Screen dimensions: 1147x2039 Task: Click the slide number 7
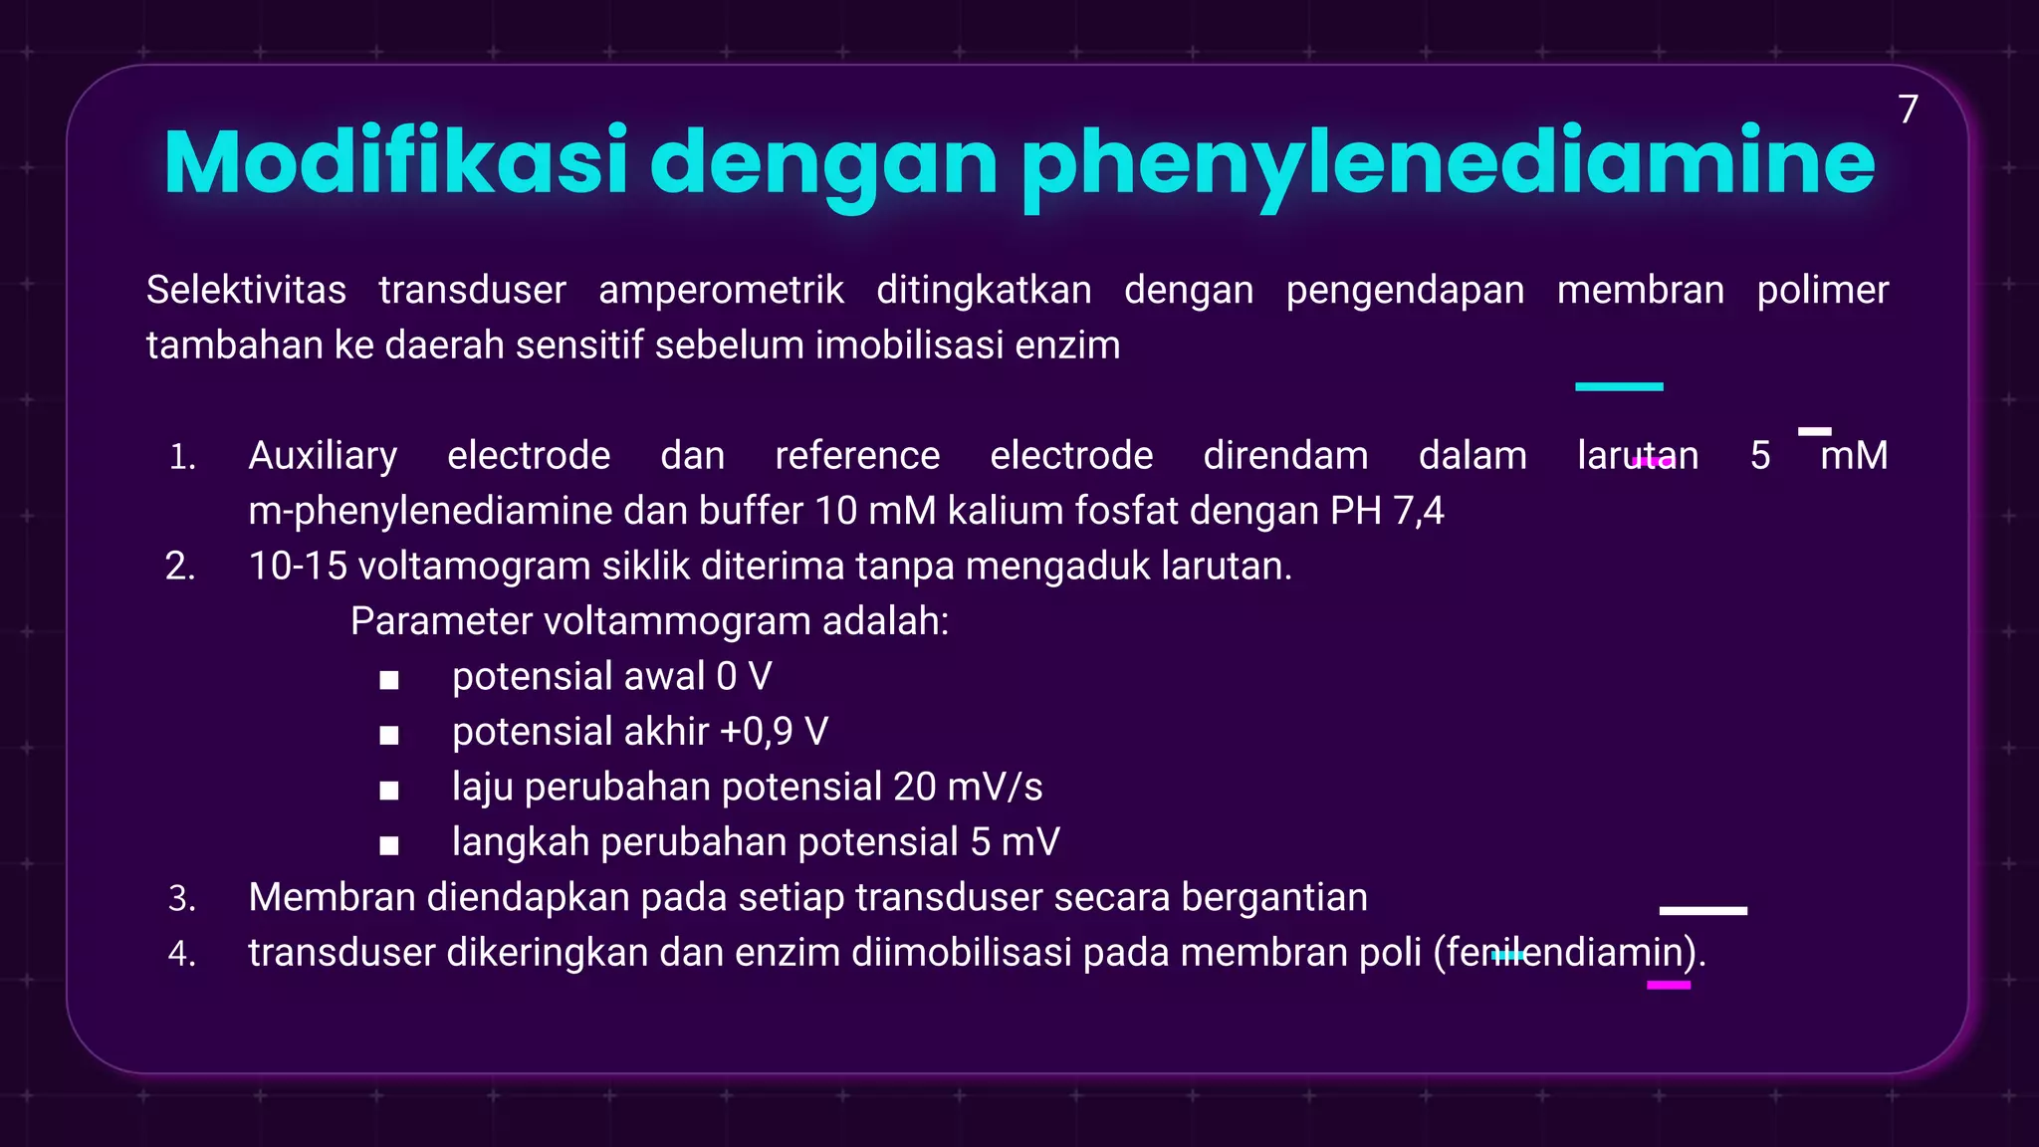(1908, 110)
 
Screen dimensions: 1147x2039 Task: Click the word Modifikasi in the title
(395, 161)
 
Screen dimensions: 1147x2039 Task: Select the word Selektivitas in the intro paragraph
(246, 290)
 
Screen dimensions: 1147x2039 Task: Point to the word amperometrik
(721, 290)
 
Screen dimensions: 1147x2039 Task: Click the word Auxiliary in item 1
(323, 456)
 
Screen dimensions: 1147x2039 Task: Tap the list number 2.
(180, 567)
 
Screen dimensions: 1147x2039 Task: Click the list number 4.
(181, 954)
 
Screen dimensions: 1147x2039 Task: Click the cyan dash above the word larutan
(1619, 386)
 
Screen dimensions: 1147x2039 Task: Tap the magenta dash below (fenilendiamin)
(1669, 985)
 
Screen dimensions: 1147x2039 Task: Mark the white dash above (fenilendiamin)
(1702, 910)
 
